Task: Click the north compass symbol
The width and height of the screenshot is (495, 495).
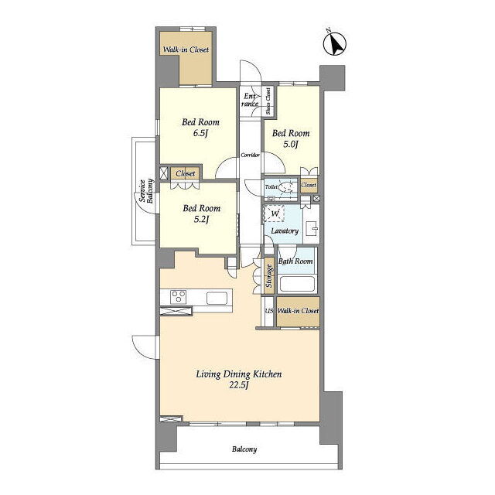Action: click(x=335, y=43)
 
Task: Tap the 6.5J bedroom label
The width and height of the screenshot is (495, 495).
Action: click(x=200, y=128)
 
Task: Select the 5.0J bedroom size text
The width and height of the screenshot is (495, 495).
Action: click(x=291, y=145)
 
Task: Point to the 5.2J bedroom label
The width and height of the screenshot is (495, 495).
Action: click(x=201, y=213)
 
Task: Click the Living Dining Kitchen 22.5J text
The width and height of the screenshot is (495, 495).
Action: click(x=239, y=380)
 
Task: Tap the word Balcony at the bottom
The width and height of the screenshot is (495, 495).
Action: click(x=244, y=449)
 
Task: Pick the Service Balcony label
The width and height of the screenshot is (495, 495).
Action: click(x=146, y=191)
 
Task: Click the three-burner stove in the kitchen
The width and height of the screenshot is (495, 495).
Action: click(x=178, y=297)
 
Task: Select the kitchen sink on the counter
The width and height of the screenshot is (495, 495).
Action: click(x=217, y=298)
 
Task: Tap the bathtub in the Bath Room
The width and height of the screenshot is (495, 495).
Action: click(x=297, y=284)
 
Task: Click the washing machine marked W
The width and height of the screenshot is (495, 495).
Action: click(x=275, y=213)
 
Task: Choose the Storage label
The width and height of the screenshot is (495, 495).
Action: click(x=269, y=276)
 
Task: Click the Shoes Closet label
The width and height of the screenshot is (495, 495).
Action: click(x=268, y=101)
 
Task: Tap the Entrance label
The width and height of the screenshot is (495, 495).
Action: click(x=250, y=100)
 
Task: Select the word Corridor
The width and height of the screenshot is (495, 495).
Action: click(x=250, y=155)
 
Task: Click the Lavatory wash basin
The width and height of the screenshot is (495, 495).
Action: click(x=312, y=228)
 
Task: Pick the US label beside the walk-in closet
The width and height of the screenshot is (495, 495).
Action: click(x=269, y=311)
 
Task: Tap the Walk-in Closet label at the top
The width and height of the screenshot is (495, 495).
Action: click(x=186, y=49)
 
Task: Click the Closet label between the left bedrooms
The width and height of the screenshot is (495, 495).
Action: click(x=186, y=173)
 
